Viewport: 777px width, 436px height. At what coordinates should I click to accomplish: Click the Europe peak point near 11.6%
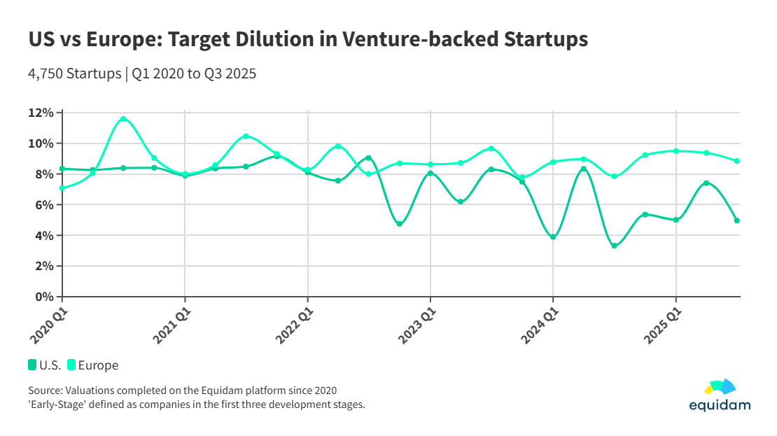pyautogui.click(x=123, y=119)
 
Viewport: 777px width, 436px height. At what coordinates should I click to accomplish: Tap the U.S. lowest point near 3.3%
pyautogui.click(x=614, y=246)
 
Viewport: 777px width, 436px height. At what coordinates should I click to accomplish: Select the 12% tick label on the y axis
pyautogui.click(x=41, y=113)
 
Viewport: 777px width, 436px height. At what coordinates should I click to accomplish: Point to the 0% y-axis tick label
pyautogui.click(x=44, y=297)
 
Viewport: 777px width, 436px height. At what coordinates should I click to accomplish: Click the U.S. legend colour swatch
pyautogui.click(x=32, y=365)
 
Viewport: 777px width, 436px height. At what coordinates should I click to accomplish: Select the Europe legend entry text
pyautogui.click(x=98, y=365)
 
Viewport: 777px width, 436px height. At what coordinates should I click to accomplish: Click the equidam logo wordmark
pyautogui.click(x=720, y=405)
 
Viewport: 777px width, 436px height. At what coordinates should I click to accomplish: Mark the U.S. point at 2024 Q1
pyautogui.click(x=553, y=237)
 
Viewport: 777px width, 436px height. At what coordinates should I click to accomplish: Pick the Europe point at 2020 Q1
pyautogui.click(x=62, y=188)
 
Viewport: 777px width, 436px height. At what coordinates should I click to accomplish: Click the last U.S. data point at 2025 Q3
pyautogui.click(x=737, y=220)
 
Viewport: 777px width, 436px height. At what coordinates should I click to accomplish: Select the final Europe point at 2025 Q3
pyautogui.click(x=737, y=161)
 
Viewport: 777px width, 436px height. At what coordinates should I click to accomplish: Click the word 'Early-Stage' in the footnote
pyautogui.click(x=58, y=404)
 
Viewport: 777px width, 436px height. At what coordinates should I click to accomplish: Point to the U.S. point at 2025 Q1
pyautogui.click(x=675, y=220)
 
